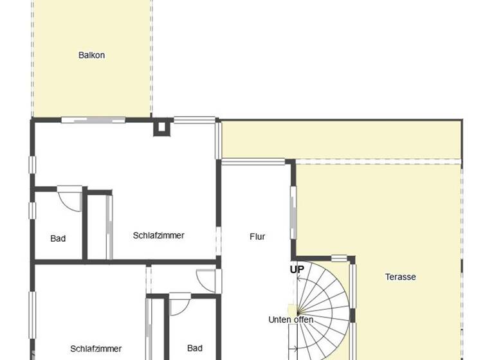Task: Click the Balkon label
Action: point(91,55)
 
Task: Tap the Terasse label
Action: point(400,277)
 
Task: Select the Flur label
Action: point(257,237)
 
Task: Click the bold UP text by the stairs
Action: point(297,269)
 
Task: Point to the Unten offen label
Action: point(291,319)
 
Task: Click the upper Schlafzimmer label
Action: point(158,235)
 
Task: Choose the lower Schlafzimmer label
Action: point(96,349)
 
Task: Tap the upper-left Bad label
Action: point(58,239)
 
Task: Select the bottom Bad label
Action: point(194,348)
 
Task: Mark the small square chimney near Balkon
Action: point(160,127)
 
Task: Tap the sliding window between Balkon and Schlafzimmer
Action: point(93,119)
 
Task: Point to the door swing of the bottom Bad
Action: point(179,303)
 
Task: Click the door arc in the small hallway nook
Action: point(207,280)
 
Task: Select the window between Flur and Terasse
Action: point(293,213)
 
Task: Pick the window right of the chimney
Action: point(194,120)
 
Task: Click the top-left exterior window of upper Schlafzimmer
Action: point(32,164)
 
